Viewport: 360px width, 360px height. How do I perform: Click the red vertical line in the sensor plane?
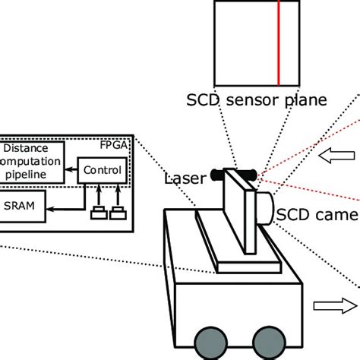pos(278,43)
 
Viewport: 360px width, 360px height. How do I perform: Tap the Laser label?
pos(184,180)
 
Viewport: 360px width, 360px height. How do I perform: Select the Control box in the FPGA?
pos(101,170)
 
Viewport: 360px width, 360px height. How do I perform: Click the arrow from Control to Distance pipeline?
pos(71,171)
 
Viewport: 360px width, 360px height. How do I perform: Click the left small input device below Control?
pos(98,213)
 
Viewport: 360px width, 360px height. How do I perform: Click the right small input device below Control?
pos(116,213)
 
